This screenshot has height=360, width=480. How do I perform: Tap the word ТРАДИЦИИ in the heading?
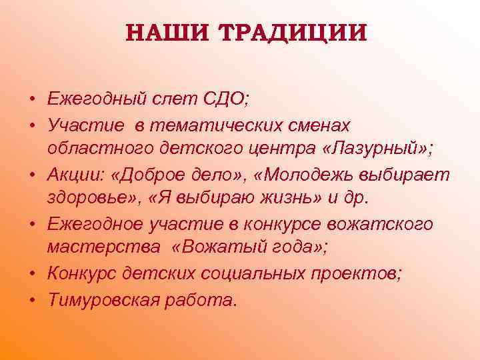point(291,33)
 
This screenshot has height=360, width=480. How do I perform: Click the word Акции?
point(73,175)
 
